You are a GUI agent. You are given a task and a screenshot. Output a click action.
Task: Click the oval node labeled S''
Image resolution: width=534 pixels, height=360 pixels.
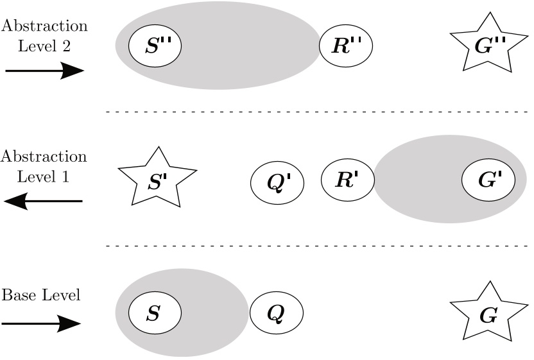click(155, 46)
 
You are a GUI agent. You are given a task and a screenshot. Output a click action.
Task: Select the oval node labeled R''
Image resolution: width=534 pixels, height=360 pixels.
click(346, 46)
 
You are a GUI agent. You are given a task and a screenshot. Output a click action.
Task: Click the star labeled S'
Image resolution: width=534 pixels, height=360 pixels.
click(157, 180)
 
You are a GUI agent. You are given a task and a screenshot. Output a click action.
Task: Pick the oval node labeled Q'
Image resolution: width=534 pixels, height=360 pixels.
click(276, 181)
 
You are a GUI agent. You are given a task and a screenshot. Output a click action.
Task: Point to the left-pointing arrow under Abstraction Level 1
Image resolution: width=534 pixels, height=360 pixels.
click(43, 201)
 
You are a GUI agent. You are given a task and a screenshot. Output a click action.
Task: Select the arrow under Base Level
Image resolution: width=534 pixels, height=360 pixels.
click(42, 324)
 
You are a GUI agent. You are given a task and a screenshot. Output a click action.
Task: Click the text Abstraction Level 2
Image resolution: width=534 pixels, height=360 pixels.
click(44, 36)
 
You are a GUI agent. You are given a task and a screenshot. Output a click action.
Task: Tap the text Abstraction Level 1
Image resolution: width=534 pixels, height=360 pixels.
click(44, 166)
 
